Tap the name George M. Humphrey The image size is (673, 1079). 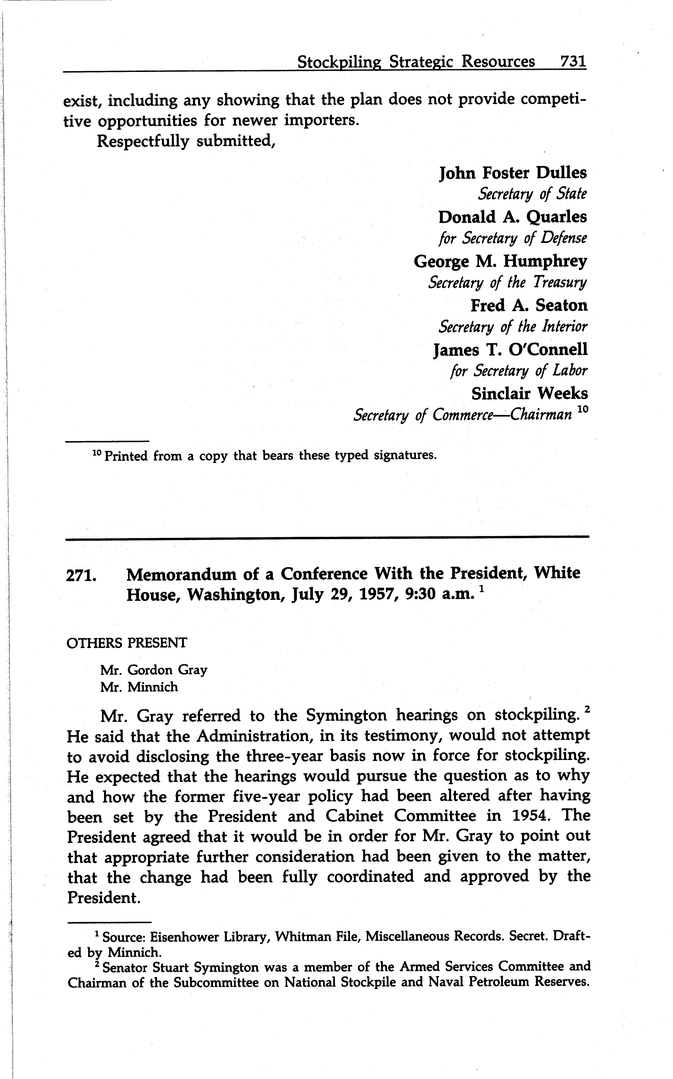(x=500, y=261)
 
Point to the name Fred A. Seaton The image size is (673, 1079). (x=529, y=305)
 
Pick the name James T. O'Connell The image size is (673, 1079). (x=510, y=350)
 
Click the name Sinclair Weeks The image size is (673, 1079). (x=529, y=393)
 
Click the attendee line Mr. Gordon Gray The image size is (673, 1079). (x=154, y=670)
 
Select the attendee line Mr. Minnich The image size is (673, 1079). (x=139, y=687)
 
